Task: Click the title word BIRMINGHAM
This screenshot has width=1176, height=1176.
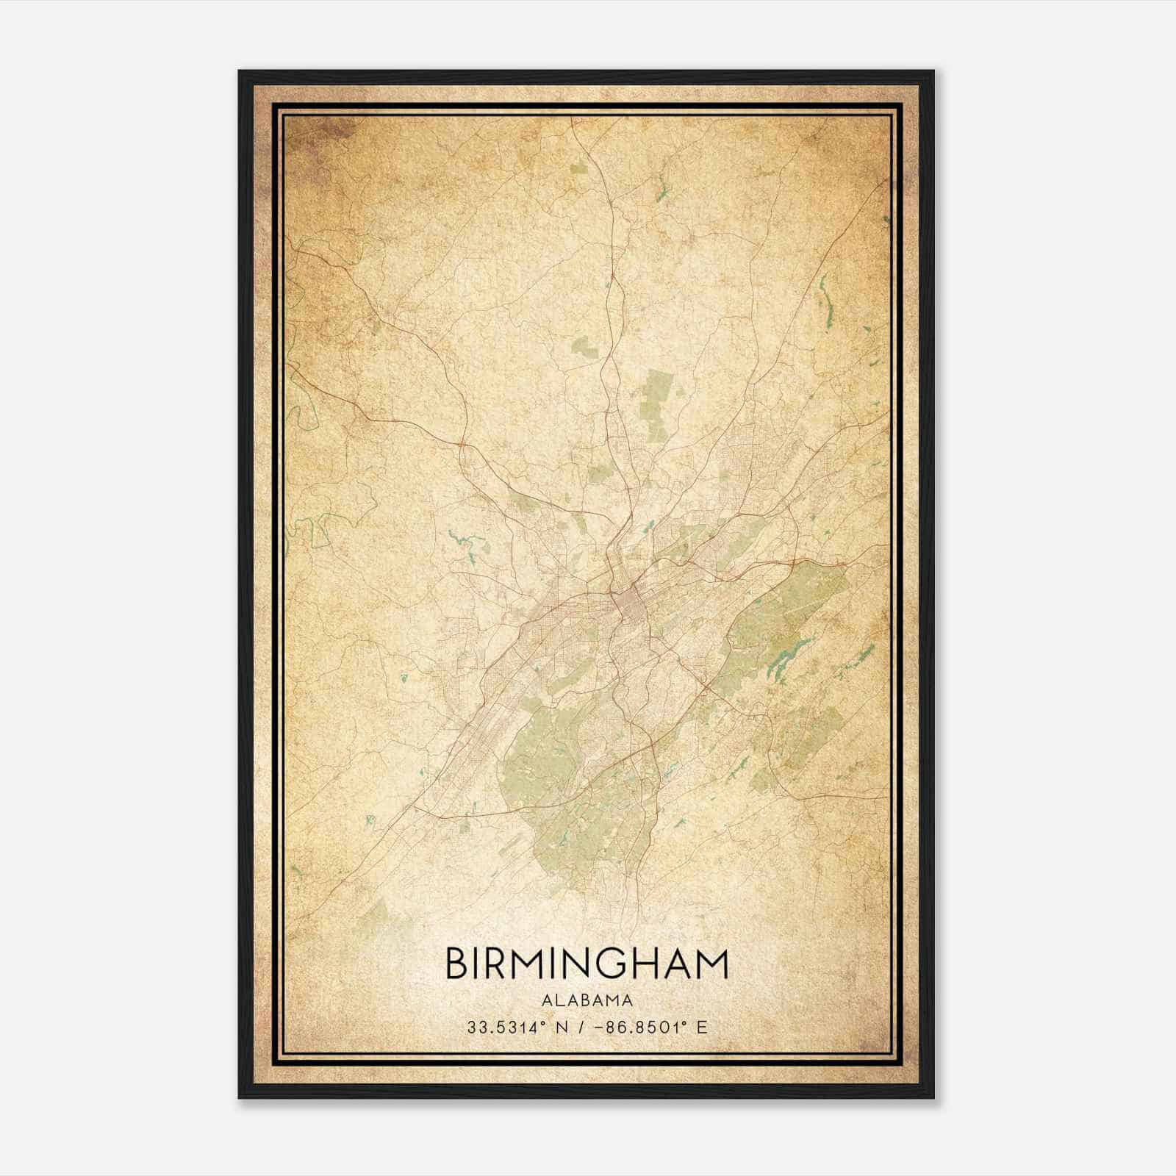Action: [587, 964]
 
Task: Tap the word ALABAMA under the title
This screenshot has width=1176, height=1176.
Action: [587, 1000]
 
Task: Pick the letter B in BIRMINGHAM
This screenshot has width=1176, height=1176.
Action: [456, 964]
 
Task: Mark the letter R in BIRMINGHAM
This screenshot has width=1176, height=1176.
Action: [498, 964]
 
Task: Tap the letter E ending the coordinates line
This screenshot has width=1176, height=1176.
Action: [702, 1027]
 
